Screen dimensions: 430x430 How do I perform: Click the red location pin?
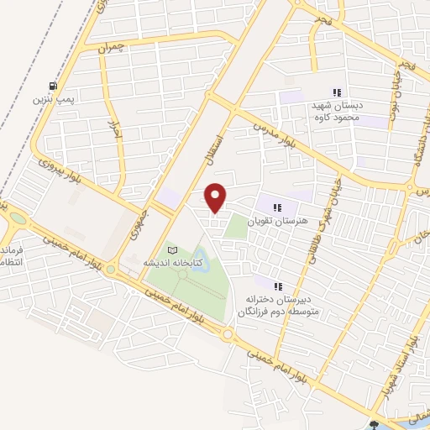pyautogui.click(x=216, y=197)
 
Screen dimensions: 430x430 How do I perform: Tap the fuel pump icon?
pyautogui.click(x=55, y=86)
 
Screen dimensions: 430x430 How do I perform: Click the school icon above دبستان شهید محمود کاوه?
pyautogui.click(x=337, y=92)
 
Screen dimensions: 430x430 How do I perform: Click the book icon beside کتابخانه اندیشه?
pyautogui.click(x=173, y=250)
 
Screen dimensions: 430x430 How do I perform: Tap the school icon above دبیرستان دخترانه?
pyautogui.click(x=278, y=286)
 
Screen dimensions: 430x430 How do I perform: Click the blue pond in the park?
pyautogui.click(x=200, y=254)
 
